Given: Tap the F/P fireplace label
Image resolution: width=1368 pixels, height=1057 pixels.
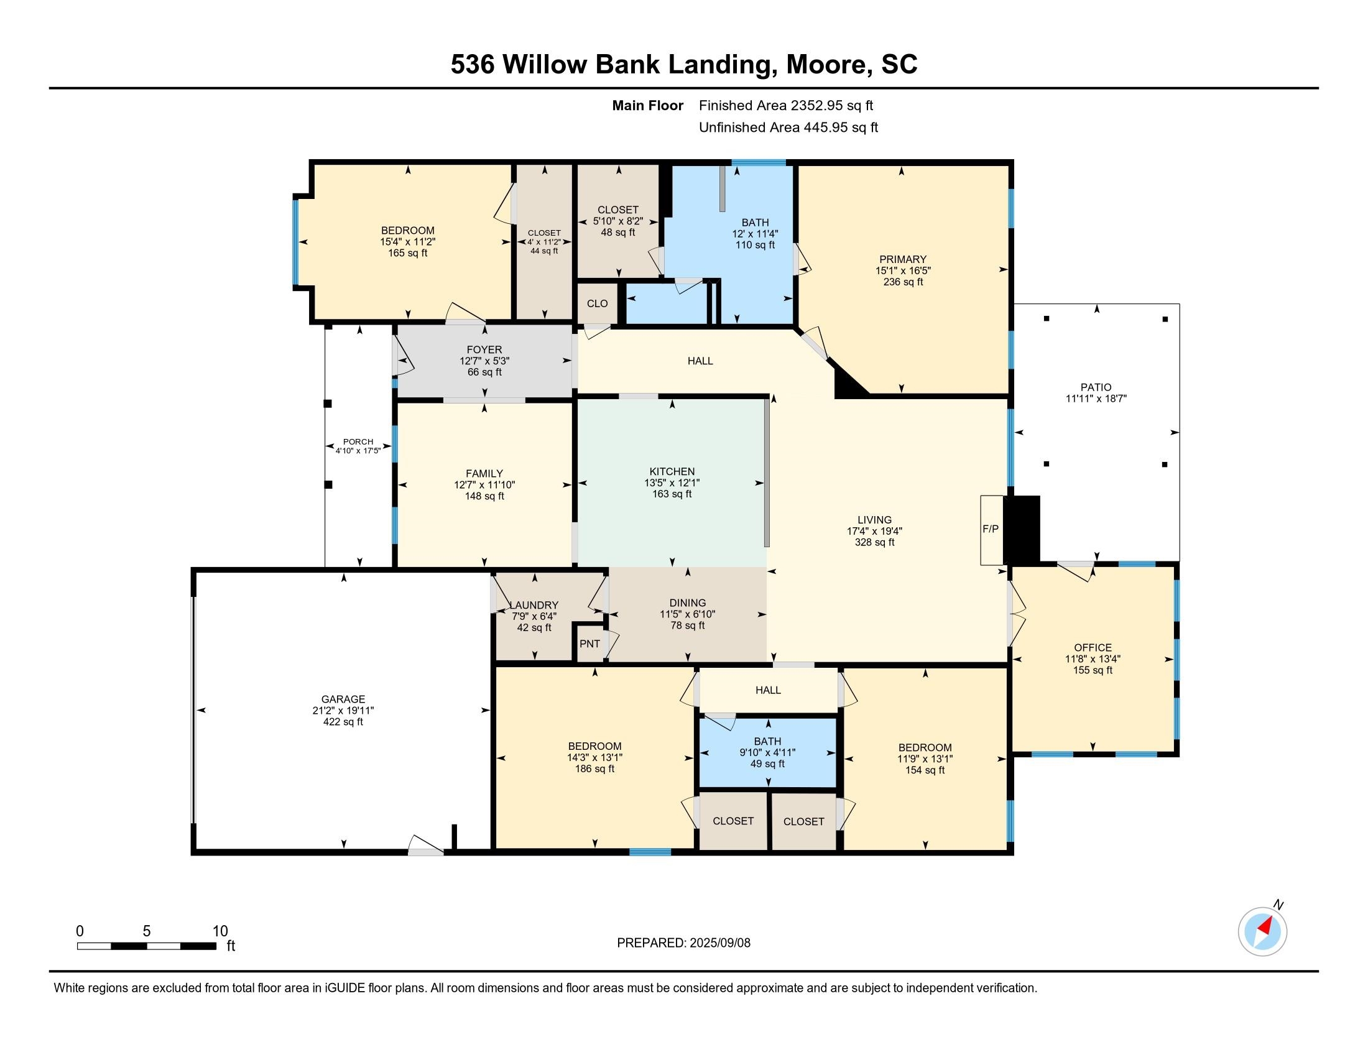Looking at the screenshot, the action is pyautogui.click(x=991, y=529).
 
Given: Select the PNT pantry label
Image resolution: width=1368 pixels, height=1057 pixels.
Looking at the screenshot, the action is pyautogui.click(x=589, y=644).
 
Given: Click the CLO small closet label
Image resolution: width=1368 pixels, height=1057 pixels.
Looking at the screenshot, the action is pyautogui.click(x=597, y=303).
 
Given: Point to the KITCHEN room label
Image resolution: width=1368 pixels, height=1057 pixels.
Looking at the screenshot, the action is pyautogui.click(x=672, y=471).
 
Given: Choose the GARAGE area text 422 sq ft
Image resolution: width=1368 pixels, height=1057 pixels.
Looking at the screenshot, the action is pyautogui.click(x=343, y=722).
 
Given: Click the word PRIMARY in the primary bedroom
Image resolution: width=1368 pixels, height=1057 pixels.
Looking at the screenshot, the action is pyautogui.click(x=903, y=259).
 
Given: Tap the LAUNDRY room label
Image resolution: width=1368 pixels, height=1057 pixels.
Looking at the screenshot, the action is pyautogui.click(x=534, y=605).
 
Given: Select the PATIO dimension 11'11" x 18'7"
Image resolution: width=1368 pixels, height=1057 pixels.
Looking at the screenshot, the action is pyautogui.click(x=1096, y=399).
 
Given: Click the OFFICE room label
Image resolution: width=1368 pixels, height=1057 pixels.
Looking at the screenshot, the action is pyautogui.click(x=1093, y=647).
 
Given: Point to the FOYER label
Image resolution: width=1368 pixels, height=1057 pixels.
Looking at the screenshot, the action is pyautogui.click(x=484, y=349).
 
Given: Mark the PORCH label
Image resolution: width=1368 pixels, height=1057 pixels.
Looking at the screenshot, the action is pyautogui.click(x=358, y=441).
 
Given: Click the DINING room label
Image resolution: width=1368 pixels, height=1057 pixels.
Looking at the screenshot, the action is pyautogui.click(x=688, y=603).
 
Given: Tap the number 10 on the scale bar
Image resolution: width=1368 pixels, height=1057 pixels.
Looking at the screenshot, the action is pyautogui.click(x=220, y=931).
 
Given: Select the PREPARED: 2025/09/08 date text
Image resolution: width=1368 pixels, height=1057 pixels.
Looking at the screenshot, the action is pyautogui.click(x=683, y=943).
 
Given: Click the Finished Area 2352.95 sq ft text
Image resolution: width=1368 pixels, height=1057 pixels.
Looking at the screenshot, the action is pyautogui.click(x=786, y=105).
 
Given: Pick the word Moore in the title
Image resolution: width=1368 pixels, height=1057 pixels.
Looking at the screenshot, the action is pyautogui.click(x=826, y=65).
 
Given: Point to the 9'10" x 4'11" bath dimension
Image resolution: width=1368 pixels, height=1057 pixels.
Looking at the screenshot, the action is pyautogui.click(x=767, y=753).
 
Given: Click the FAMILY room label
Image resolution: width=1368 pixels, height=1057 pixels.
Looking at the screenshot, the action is pyautogui.click(x=484, y=473).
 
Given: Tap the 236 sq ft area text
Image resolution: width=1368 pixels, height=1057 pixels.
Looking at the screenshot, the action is pyautogui.click(x=903, y=282).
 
